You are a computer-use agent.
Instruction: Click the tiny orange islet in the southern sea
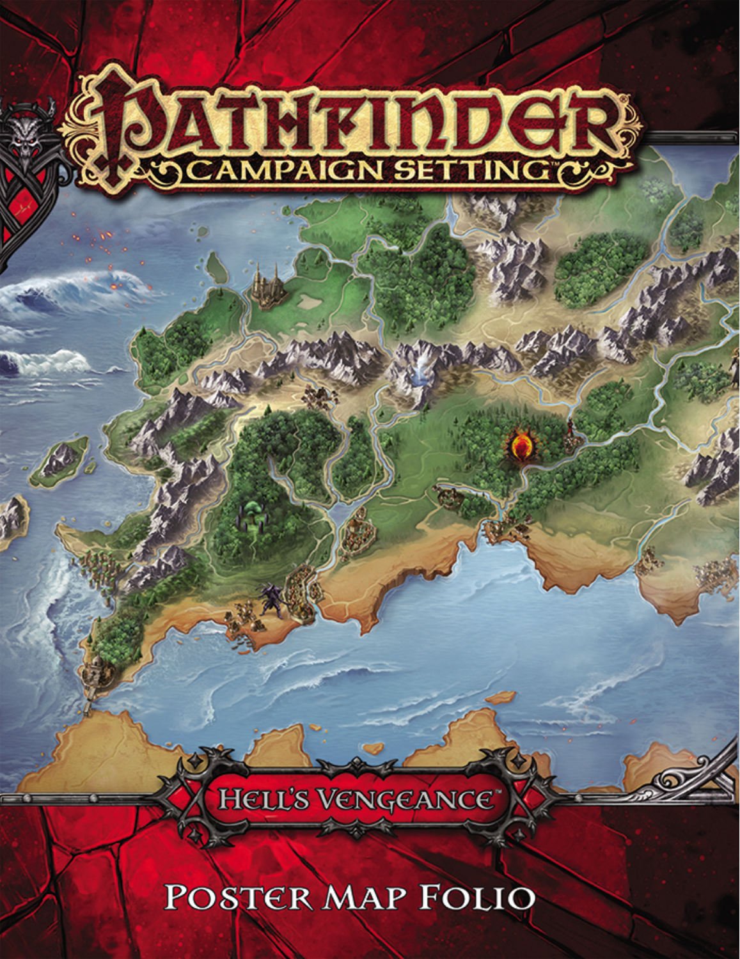(x=503, y=698)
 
